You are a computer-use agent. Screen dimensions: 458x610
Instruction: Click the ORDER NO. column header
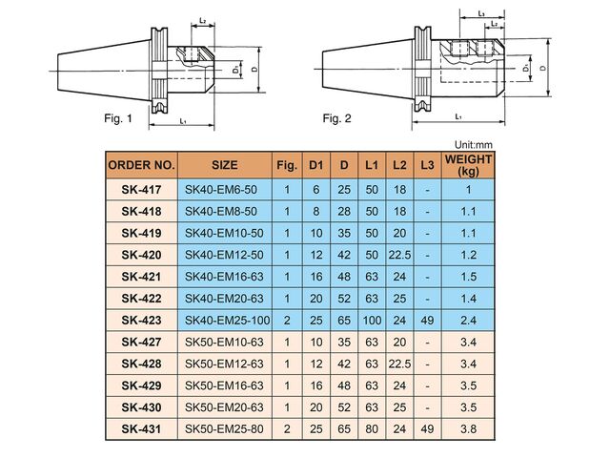(141, 163)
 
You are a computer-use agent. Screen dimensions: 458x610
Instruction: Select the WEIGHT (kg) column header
(468, 163)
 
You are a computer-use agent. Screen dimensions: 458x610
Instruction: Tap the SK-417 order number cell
(141, 189)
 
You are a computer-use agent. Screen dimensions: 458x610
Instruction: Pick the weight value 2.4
(468, 320)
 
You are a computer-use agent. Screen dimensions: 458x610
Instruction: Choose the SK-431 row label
(141, 428)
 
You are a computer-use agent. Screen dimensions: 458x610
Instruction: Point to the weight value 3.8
(468, 428)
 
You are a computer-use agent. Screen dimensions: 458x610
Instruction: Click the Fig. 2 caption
(336, 118)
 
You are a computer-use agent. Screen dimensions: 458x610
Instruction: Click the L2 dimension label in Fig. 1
(206, 21)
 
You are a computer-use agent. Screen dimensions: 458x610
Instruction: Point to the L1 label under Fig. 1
(181, 121)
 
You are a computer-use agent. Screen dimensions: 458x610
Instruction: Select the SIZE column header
(224, 163)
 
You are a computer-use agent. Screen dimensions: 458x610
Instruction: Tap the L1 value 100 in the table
(373, 320)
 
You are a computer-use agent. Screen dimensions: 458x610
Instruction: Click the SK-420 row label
(141, 255)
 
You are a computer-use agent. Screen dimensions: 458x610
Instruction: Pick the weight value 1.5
(468, 277)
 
